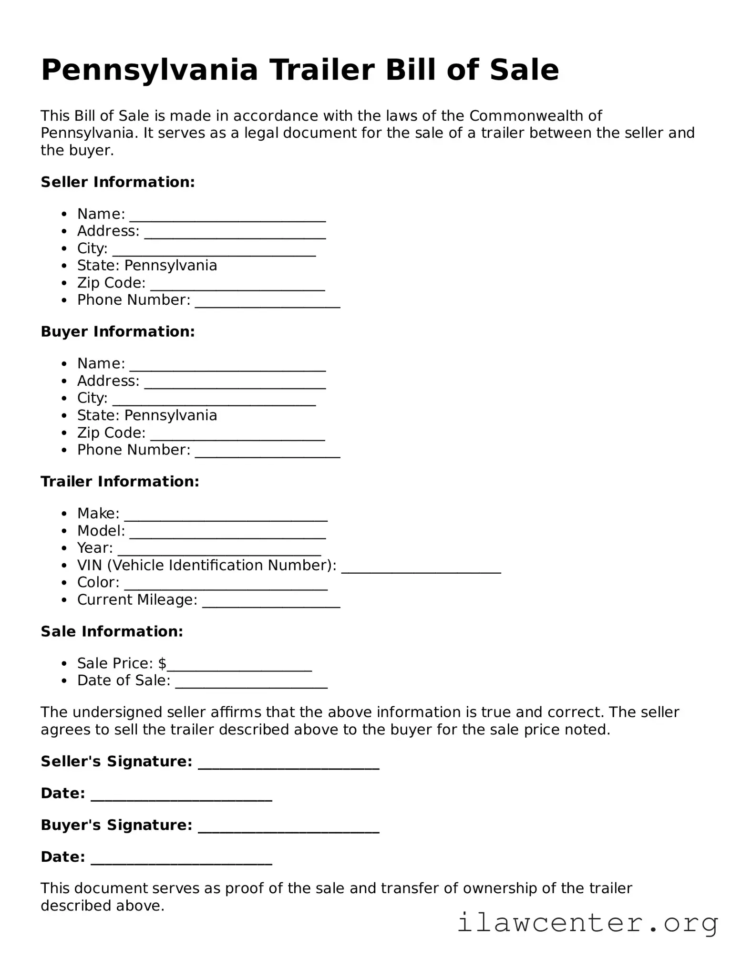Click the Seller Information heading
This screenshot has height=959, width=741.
pyautogui.click(x=118, y=182)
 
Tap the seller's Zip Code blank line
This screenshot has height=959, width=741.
pyautogui.click(x=237, y=287)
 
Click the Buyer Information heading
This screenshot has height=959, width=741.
pyautogui.click(x=118, y=332)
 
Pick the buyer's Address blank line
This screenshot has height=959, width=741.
pyautogui.click(x=235, y=385)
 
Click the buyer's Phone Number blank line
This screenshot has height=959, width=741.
pyautogui.click(x=268, y=454)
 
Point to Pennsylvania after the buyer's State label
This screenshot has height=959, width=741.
pyautogui.click(x=170, y=415)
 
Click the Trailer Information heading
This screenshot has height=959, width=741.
pyautogui.click(x=120, y=482)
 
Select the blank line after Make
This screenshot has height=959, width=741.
pyautogui.click(x=226, y=517)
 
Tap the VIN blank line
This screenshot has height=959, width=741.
pyautogui.click(x=421, y=569)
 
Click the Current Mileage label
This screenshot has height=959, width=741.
pyautogui.click(x=137, y=600)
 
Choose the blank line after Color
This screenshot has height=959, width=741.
pyautogui.click(x=226, y=586)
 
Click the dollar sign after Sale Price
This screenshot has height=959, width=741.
pyautogui.click(x=162, y=663)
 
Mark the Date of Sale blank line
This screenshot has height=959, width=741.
pyautogui.click(x=251, y=684)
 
